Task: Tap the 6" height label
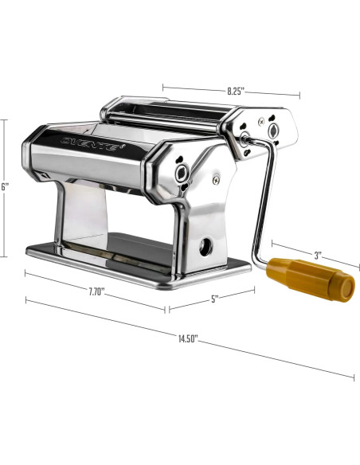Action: pyautogui.click(x=6, y=186)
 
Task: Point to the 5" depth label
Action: pyautogui.click(x=214, y=299)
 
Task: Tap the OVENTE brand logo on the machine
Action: pyautogui.click(x=92, y=144)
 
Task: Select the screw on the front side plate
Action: pyautogui.click(x=215, y=180)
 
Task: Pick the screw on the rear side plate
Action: pyautogui.click(x=260, y=120)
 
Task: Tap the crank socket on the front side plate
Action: pyautogui.click(x=182, y=173)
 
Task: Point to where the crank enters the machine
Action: pyautogui.click(x=242, y=141)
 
